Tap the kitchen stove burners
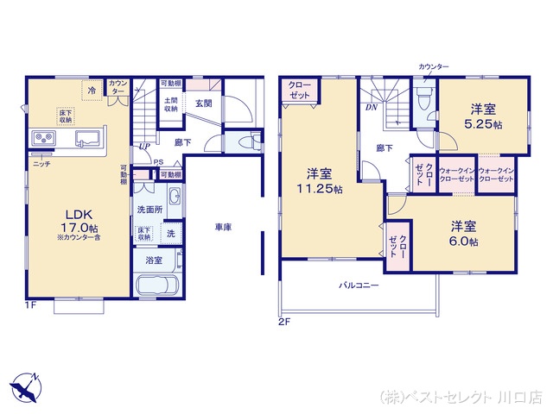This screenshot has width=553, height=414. pos(42,139)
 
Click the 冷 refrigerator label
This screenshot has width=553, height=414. pos(92,89)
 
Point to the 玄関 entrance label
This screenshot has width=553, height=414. pos(204,103)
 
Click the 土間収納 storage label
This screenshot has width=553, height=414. pos(171,103)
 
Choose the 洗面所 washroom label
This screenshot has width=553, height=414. pos(148,210)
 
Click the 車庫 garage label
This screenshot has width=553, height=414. pos(224,228)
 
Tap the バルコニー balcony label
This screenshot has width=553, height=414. pos(359,285)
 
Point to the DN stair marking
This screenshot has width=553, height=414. pos(371,107)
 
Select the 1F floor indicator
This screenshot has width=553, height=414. pos(32,304)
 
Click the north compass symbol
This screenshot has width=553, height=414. pos(25,386)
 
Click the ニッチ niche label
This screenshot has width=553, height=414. pos(41,163)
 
